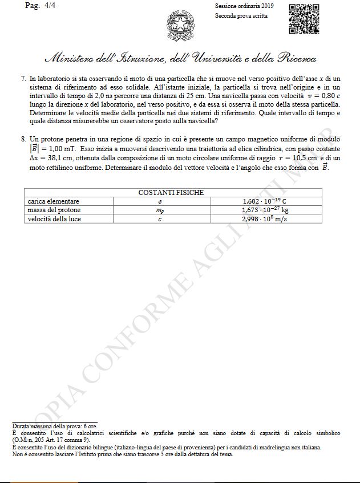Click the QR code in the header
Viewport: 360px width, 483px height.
(x=304, y=19)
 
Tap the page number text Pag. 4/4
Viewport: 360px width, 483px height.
(x=37, y=5)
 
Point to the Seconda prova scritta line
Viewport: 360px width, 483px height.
(x=241, y=15)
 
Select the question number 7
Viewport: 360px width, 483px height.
(x=22, y=79)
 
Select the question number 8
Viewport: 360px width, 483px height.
(x=22, y=139)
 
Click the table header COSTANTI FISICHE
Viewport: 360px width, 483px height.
(x=171, y=193)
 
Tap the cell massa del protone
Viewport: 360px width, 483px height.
(x=54, y=210)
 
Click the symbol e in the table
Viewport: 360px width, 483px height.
(x=160, y=202)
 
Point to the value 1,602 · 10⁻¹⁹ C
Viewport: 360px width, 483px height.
(x=264, y=201)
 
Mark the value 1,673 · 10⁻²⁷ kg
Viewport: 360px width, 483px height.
(x=265, y=210)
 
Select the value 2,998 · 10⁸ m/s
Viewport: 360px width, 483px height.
(x=265, y=218)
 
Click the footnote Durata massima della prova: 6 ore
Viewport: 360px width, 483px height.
(x=54, y=426)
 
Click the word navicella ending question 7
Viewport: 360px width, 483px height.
(x=202, y=121)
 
